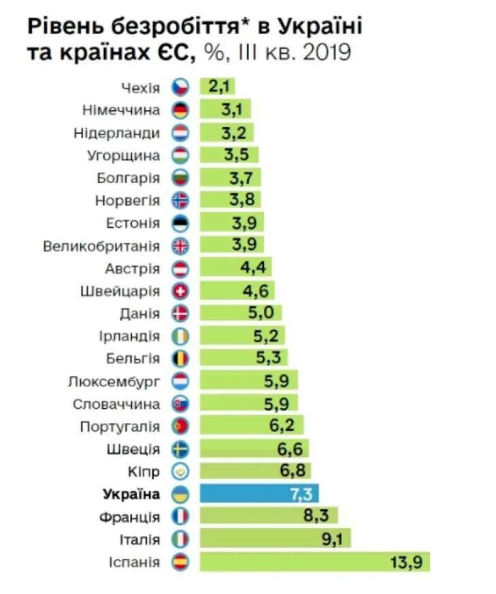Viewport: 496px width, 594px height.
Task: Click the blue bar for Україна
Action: click(259, 494)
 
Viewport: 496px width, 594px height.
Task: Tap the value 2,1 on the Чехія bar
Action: click(217, 86)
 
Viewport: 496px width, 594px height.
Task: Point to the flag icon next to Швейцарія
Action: click(181, 291)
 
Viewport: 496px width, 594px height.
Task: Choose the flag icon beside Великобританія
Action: click(181, 246)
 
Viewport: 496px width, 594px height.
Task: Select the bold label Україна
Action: click(131, 494)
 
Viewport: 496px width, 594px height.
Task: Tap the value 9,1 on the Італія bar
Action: click(333, 540)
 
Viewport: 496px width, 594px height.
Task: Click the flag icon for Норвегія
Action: click(181, 200)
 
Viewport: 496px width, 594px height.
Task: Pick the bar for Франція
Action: click(268, 516)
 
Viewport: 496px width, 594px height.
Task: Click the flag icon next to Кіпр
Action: click(181, 471)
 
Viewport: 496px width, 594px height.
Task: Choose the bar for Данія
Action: click(240, 314)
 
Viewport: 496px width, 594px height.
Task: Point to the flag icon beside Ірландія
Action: click(181, 336)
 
